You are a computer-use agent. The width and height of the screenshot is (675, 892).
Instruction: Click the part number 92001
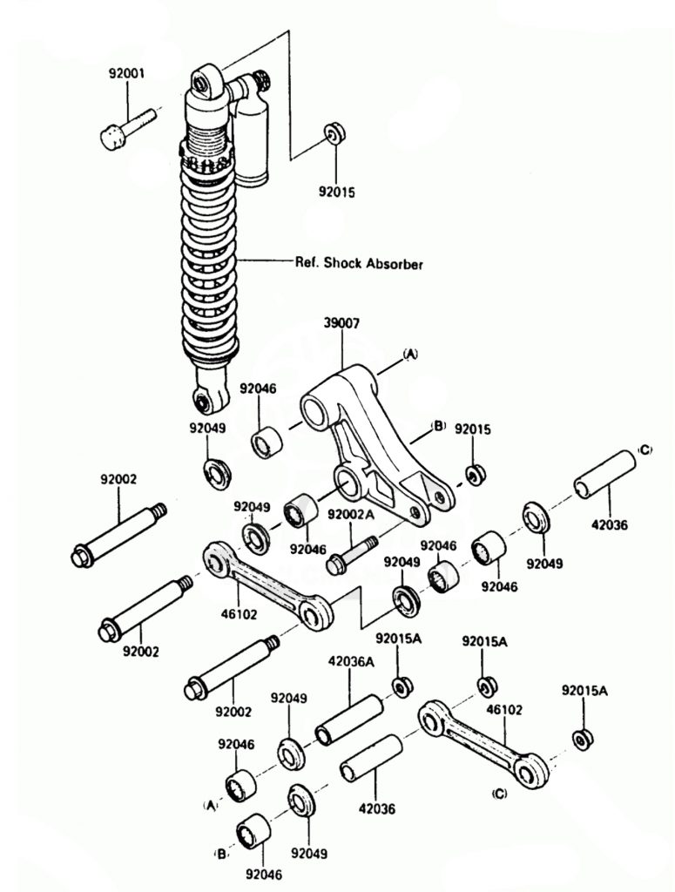[127, 74]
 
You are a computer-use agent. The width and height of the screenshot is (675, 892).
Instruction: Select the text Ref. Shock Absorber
[358, 263]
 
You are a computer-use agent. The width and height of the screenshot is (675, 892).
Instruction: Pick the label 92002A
[351, 514]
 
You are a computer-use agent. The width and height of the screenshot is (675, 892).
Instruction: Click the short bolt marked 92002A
[351, 554]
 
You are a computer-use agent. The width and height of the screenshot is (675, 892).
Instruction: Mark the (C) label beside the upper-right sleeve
[644, 450]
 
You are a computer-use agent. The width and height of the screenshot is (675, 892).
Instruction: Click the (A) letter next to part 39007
[410, 354]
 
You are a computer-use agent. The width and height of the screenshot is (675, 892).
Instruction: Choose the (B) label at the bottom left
[221, 855]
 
